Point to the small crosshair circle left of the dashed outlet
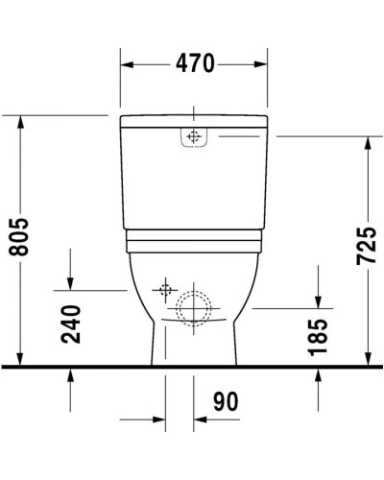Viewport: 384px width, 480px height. [x=165, y=287]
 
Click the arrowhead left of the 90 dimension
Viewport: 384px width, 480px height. [x=158, y=420]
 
